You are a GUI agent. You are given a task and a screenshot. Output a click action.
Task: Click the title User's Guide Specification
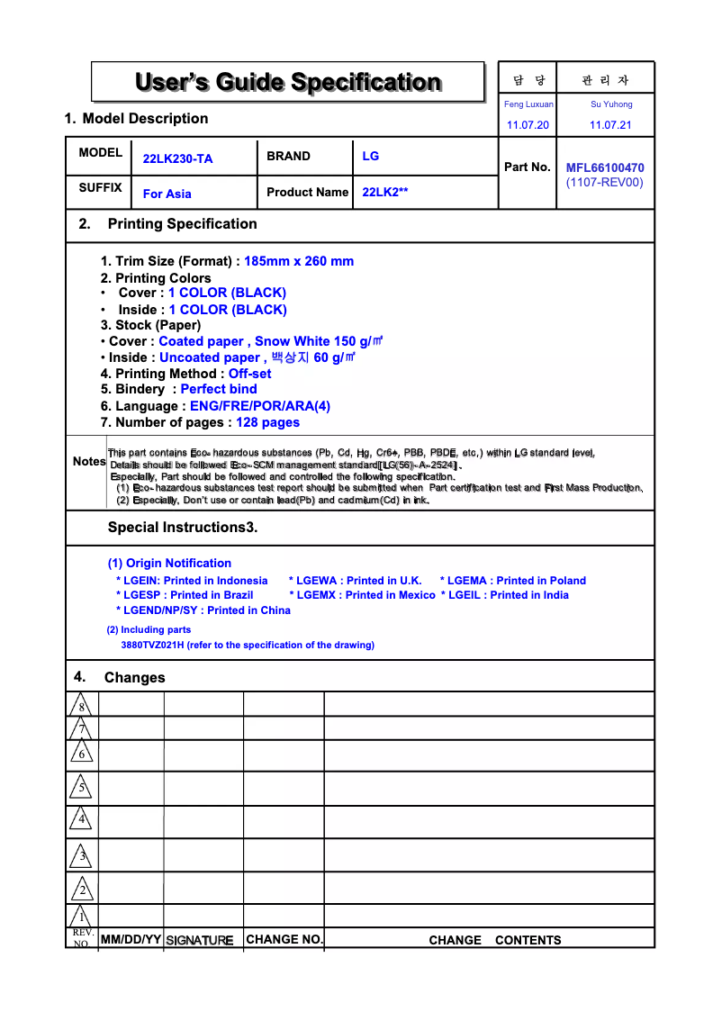click(x=288, y=83)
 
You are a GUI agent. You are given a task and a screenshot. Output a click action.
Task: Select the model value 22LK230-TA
click(x=178, y=159)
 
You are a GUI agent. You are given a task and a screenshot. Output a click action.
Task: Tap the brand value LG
click(x=371, y=156)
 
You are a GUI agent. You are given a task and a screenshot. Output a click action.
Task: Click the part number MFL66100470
click(x=605, y=167)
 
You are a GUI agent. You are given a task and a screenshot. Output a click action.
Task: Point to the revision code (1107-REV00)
click(x=605, y=182)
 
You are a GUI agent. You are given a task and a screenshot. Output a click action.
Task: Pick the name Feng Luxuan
click(x=528, y=104)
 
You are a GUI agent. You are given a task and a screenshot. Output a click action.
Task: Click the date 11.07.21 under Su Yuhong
click(x=610, y=125)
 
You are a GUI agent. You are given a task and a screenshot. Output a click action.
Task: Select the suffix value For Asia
click(x=167, y=194)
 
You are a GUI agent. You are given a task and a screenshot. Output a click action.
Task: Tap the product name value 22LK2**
click(x=385, y=192)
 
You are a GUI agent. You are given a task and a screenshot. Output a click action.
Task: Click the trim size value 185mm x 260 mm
click(x=299, y=261)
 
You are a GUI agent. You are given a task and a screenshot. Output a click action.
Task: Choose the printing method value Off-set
click(x=249, y=374)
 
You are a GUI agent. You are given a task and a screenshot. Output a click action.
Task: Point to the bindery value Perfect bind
click(x=219, y=389)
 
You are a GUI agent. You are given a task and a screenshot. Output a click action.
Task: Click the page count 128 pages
click(x=267, y=422)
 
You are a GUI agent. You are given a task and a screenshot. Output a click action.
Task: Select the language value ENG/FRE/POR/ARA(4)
click(x=260, y=406)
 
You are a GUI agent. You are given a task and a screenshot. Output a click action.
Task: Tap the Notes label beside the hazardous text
click(x=89, y=461)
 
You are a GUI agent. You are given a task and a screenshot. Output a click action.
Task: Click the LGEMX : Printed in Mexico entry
click(x=362, y=595)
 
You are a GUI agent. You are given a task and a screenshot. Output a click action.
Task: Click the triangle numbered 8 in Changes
click(x=81, y=705)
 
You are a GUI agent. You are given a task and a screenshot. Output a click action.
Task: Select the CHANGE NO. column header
click(x=284, y=939)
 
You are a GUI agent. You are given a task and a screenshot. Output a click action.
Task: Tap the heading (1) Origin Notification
click(x=169, y=563)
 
